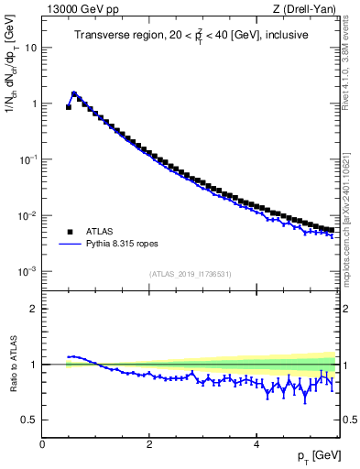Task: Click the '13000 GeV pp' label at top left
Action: pyautogui.click(x=77, y=9)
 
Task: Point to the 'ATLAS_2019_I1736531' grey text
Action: pyautogui.click(x=190, y=274)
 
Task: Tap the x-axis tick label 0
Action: pyautogui.click(x=42, y=444)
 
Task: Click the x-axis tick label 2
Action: pyautogui.click(x=148, y=444)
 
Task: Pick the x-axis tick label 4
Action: pyautogui.click(x=256, y=444)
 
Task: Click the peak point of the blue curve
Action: pyautogui.click(x=74, y=93)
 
